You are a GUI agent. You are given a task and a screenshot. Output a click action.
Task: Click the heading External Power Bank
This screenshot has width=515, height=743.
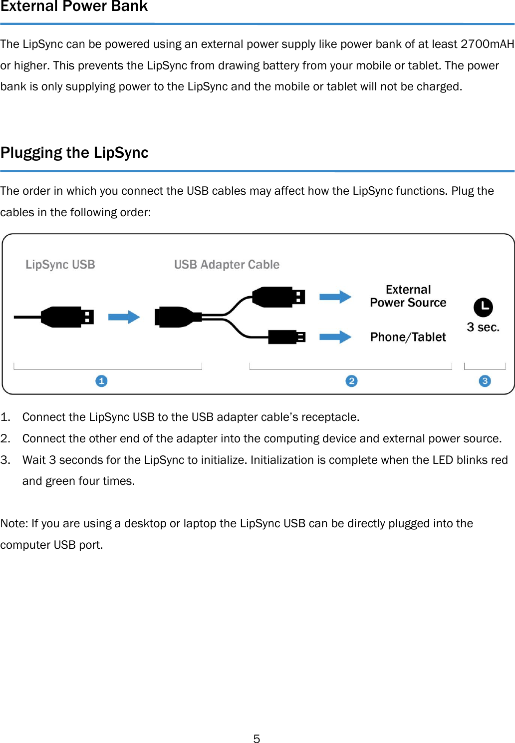(74, 6)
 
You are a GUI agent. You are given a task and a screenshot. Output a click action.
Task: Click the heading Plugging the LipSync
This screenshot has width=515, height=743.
(74, 152)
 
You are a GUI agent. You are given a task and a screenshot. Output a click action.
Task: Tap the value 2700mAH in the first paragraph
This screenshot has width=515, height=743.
(487, 44)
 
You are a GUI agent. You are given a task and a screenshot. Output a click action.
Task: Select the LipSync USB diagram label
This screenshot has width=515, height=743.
(60, 265)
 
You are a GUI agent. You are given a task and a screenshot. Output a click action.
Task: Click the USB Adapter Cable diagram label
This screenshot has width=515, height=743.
(227, 265)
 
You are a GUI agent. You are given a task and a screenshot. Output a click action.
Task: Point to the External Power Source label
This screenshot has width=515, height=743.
(408, 296)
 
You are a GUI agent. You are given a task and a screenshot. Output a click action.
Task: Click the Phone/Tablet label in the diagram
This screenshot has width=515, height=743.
(408, 337)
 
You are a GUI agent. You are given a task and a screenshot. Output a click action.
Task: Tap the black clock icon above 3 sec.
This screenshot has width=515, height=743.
(483, 307)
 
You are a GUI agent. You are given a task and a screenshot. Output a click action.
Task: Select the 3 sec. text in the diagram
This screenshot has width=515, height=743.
(483, 327)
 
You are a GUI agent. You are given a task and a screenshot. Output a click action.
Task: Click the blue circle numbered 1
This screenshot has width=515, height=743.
(101, 381)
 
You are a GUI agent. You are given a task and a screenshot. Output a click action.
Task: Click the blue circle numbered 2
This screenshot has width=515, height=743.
(351, 381)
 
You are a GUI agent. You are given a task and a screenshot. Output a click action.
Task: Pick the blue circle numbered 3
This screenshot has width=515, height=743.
(485, 381)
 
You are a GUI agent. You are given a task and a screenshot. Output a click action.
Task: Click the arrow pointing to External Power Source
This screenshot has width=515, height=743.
(335, 297)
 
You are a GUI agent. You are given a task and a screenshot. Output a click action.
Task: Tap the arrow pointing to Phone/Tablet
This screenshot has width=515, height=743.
(335, 337)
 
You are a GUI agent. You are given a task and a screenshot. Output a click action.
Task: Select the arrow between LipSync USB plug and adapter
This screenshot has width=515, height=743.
(124, 317)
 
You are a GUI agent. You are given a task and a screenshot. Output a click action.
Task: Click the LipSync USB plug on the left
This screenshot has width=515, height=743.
(67, 317)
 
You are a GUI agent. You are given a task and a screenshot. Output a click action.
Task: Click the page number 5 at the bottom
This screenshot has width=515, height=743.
(257, 739)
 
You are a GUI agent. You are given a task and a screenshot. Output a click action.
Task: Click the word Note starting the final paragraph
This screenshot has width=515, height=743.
(13, 523)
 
